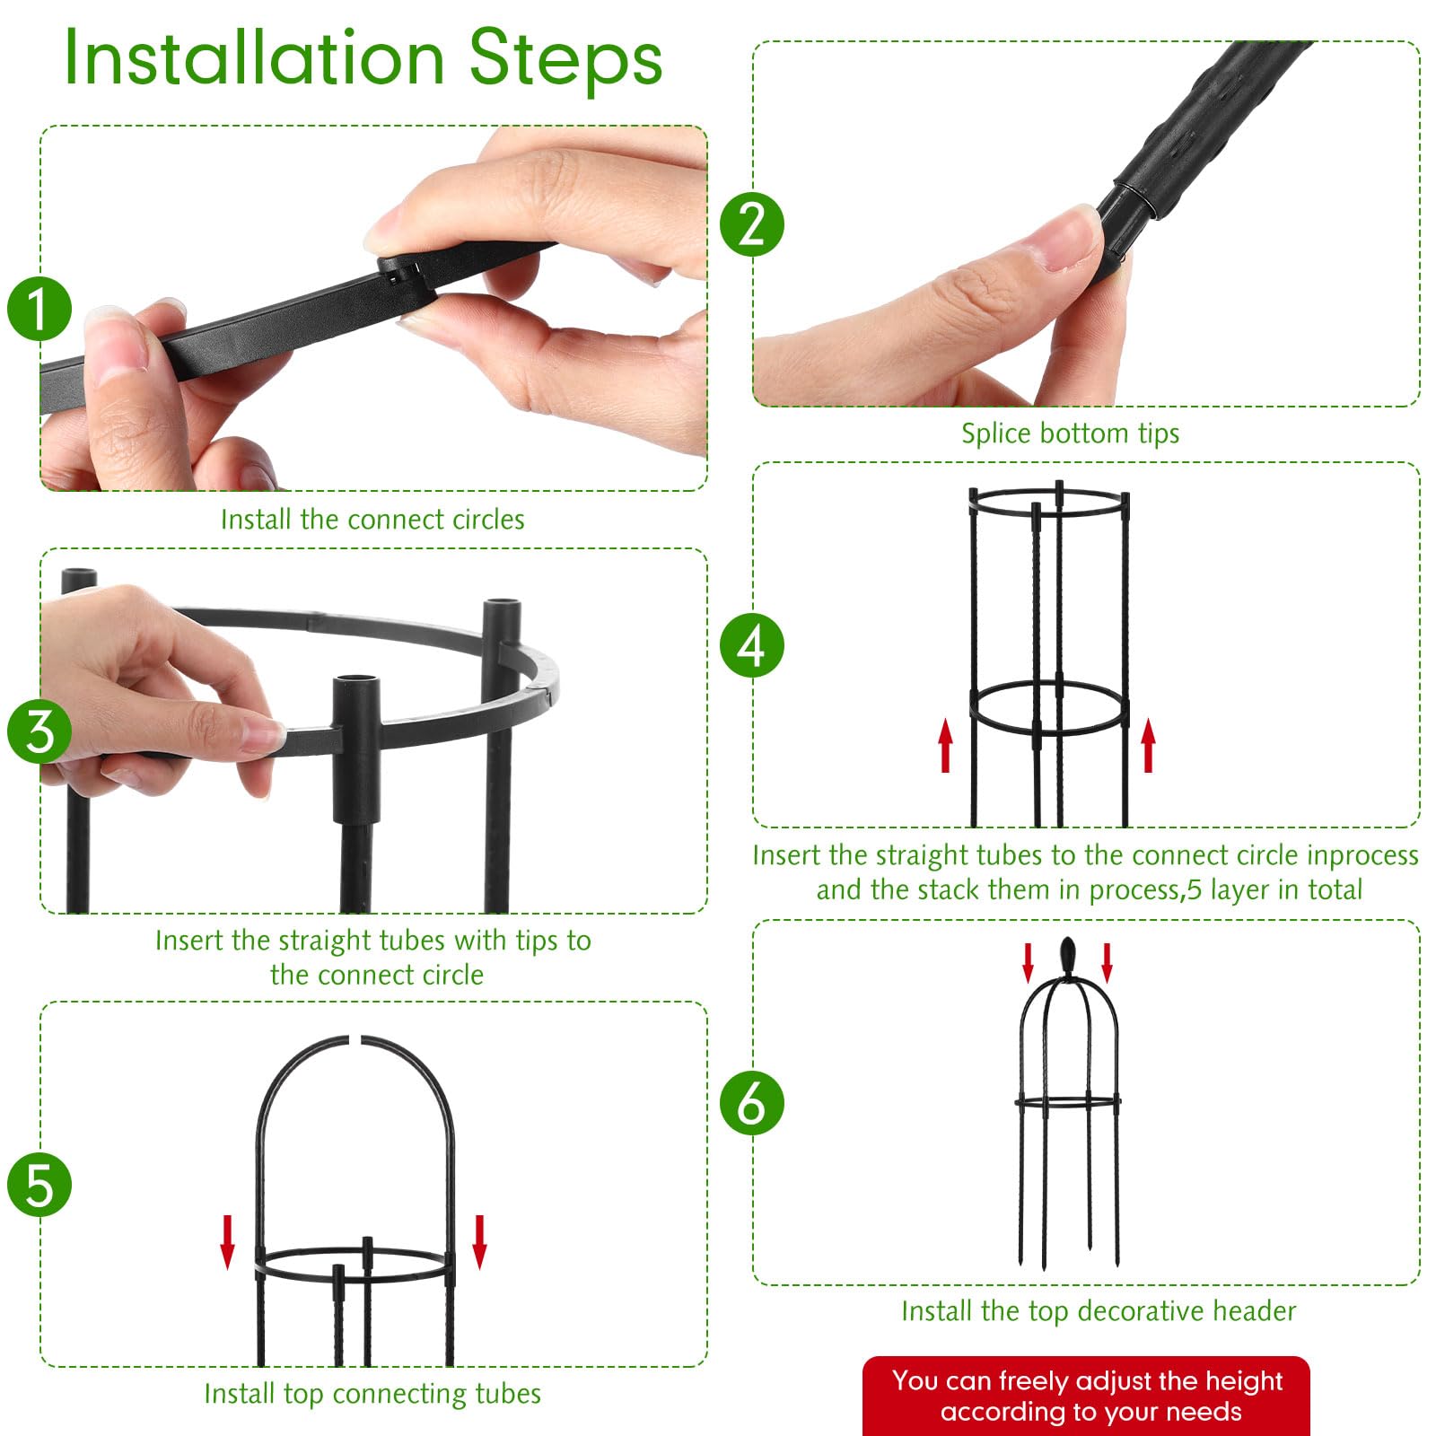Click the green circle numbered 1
click(39, 309)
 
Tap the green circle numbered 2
click(752, 224)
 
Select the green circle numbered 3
click(39, 731)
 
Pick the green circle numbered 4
click(752, 645)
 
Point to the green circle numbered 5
click(39, 1185)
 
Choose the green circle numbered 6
click(752, 1103)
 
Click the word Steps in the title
click(565, 58)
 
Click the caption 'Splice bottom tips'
click(1070, 433)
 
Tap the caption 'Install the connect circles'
click(372, 519)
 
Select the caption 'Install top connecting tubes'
click(372, 1393)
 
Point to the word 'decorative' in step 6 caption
click(1142, 1310)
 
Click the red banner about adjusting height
click(1086, 1396)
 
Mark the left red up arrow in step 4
click(945, 745)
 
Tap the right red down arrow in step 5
click(480, 1242)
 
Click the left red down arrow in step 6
click(1029, 962)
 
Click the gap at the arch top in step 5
click(355, 1040)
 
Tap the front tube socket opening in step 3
click(356, 683)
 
